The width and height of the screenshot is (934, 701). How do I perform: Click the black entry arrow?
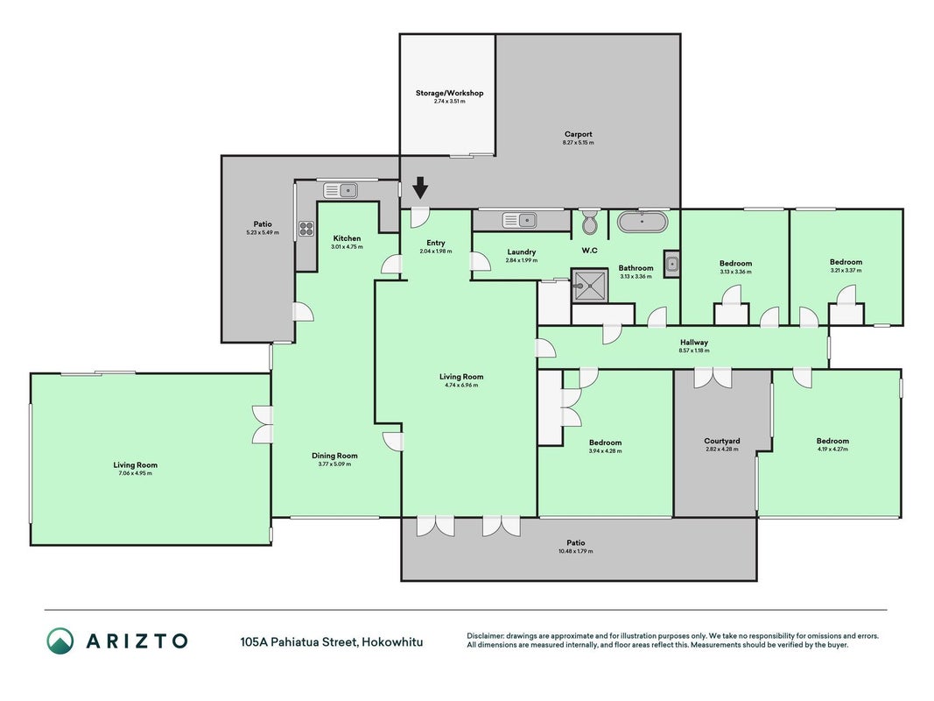click(420, 188)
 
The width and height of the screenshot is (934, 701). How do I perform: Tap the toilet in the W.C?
click(590, 222)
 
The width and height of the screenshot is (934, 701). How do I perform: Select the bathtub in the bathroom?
click(643, 222)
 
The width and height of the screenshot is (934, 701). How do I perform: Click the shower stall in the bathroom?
click(590, 286)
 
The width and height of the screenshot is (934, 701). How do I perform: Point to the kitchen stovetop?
click(306, 229)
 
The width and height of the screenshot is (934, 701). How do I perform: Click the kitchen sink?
click(341, 191)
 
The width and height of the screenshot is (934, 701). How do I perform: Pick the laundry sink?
click(519, 221)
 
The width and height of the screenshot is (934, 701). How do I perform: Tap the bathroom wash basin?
click(672, 264)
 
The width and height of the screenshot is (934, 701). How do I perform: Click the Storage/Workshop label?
click(450, 93)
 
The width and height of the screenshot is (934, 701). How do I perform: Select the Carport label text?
click(579, 134)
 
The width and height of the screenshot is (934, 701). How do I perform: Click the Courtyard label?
click(722, 441)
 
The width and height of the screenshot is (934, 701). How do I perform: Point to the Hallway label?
click(694, 342)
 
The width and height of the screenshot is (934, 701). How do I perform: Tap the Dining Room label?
click(334, 456)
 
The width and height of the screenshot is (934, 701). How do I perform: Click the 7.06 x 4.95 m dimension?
click(135, 473)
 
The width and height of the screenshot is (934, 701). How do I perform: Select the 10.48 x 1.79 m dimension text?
click(575, 551)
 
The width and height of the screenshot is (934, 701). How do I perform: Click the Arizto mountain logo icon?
click(60, 641)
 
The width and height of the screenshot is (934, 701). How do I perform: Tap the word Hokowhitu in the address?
click(392, 642)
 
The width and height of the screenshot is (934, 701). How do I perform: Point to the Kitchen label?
click(347, 238)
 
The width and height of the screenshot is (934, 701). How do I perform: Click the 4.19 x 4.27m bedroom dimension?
click(832, 450)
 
